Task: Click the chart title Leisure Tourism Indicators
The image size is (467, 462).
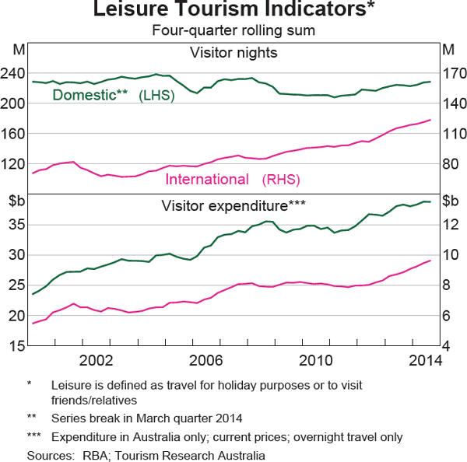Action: click(x=233, y=11)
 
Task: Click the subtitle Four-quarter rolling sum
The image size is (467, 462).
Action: click(x=233, y=31)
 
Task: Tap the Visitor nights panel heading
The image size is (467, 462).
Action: click(x=233, y=54)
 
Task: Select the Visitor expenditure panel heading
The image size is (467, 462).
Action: click(x=233, y=206)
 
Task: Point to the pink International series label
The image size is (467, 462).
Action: click(x=207, y=180)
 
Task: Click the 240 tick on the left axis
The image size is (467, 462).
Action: click(x=15, y=72)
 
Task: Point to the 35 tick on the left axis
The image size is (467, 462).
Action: click(x=17, y=224)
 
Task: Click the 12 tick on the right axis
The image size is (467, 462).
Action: click(x=451, y=224)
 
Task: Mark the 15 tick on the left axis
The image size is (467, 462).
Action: click(x=17, y=346)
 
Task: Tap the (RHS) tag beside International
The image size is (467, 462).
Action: click(x=280, y=180)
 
